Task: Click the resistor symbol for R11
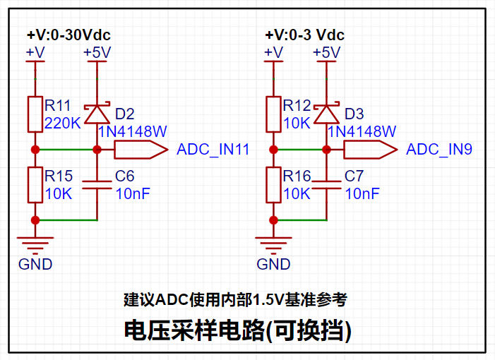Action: (x=35, y=114)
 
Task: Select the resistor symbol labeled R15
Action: (x=35, y=185)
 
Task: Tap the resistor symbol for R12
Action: (x=273, y=114)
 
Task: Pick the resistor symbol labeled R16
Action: (x=273, y=185)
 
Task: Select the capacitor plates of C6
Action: (x=97, y=185)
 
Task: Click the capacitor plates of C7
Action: (x=326, y=185)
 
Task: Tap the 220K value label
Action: (x=63, y=123)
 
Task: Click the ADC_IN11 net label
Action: (x=213, y=150)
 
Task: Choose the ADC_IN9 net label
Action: (x=439, y=150)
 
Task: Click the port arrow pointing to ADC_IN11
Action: (x=141, y=150)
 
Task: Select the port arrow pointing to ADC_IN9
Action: (x=371, y=150)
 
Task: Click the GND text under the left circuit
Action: (x=35, y=265)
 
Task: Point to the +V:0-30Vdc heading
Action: (x=68, y=35)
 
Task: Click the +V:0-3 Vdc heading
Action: (x=305, y=35)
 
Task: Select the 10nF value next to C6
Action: (x=133, y=193)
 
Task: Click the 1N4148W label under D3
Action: (x=362, y=131)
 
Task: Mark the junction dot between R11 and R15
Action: (x=35, y=150)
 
